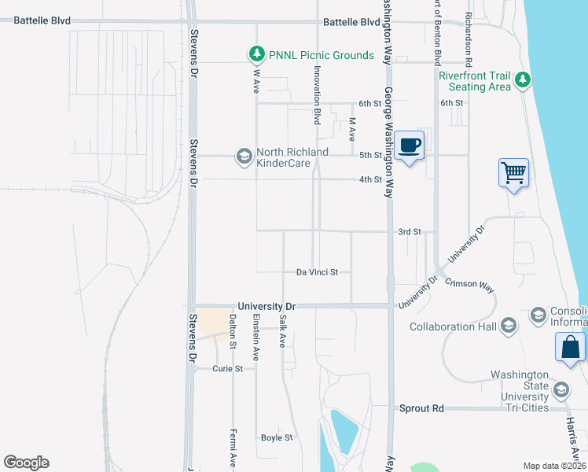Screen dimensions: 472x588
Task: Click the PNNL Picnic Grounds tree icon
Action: click(x=255, y=54)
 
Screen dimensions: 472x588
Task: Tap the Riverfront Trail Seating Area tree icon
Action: click(x=522, y=79)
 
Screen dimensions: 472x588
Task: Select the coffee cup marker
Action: click(x=410, y=146)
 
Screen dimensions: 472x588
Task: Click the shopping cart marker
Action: click(x=513, y=171)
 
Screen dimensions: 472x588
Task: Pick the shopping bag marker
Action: click(x=570, y=348)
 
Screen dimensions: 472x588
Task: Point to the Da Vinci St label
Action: click(x=317, y=272)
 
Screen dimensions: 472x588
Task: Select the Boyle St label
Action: click(x=277, y=437)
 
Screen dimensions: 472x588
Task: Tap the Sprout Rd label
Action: click(x=421, y=408)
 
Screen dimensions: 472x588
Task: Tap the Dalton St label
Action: click(x=233, y=331)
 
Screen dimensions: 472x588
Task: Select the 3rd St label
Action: click(x=410, y=232)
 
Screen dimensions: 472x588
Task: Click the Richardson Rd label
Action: click(x=469, y=39)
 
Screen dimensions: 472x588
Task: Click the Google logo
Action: click(x=26, y=463)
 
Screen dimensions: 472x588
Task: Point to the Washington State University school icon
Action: click(x=561, y=390)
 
